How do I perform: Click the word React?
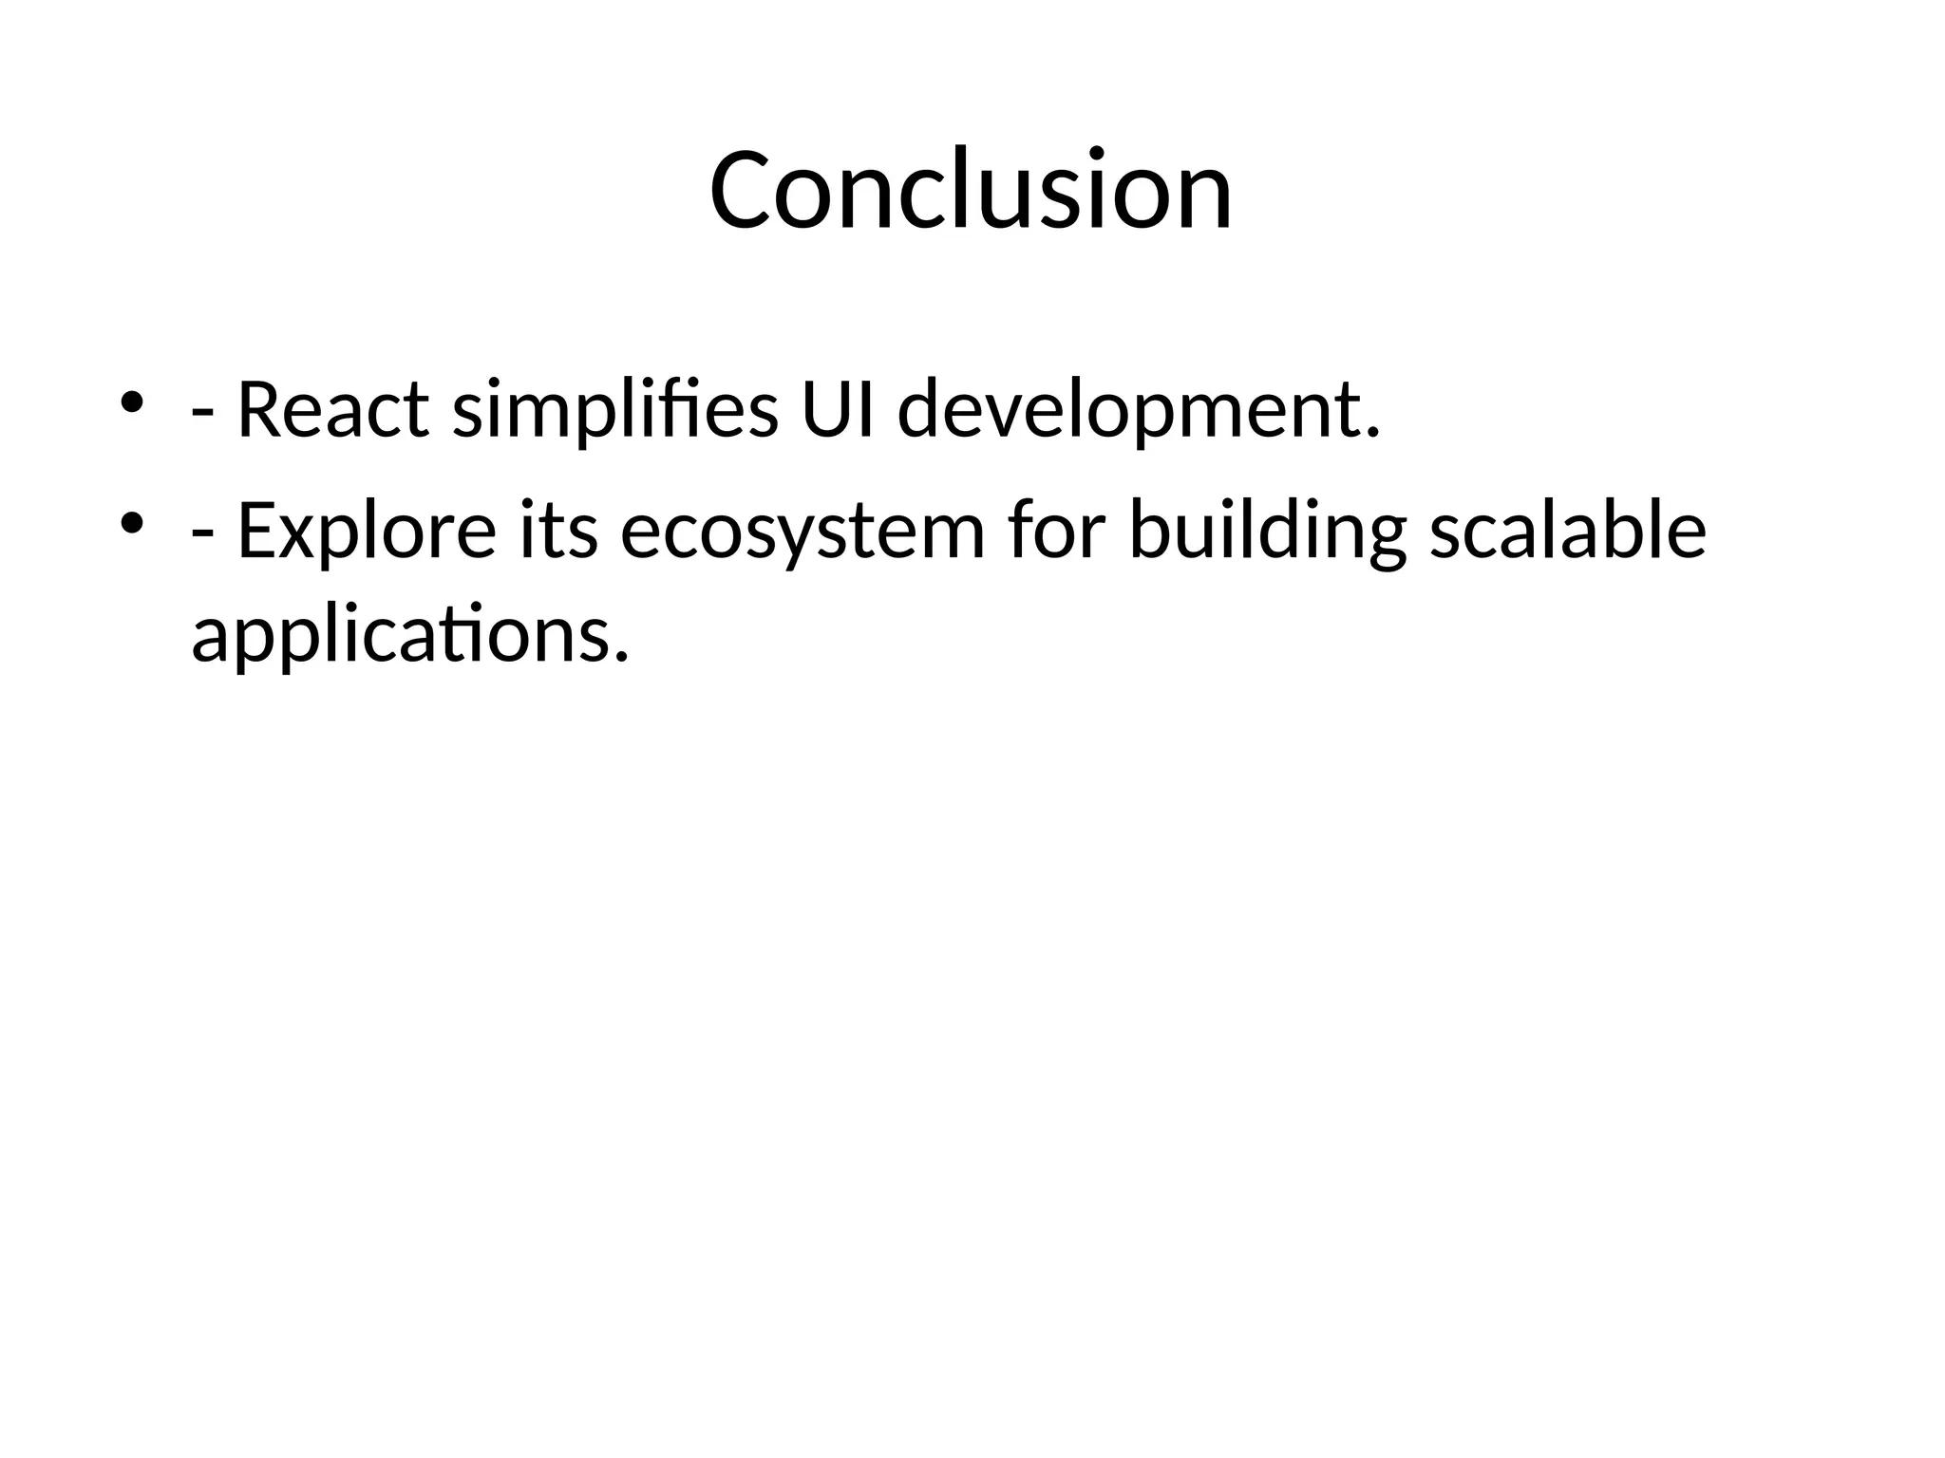[332, 411]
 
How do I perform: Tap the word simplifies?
[614, 411]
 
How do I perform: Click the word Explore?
[366, 531]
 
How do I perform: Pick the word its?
[559, 531]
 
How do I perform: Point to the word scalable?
[1567, 531]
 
